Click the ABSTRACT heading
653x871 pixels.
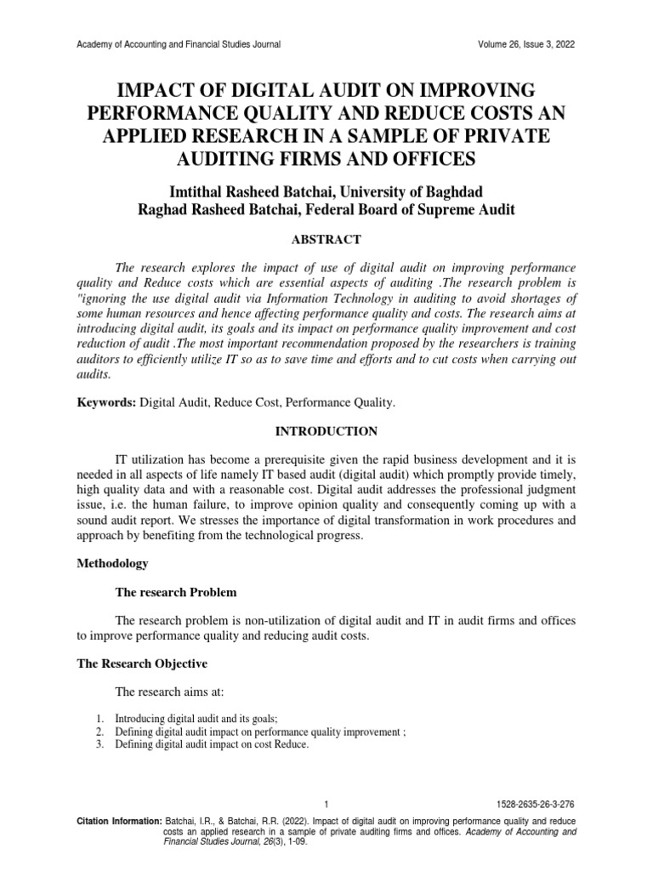pyautogui.click(x=326, y=240)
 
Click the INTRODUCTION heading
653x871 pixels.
pyautogui.click(x=326, y=431)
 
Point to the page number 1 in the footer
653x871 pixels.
pyautogui.click(x=326, y=806)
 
